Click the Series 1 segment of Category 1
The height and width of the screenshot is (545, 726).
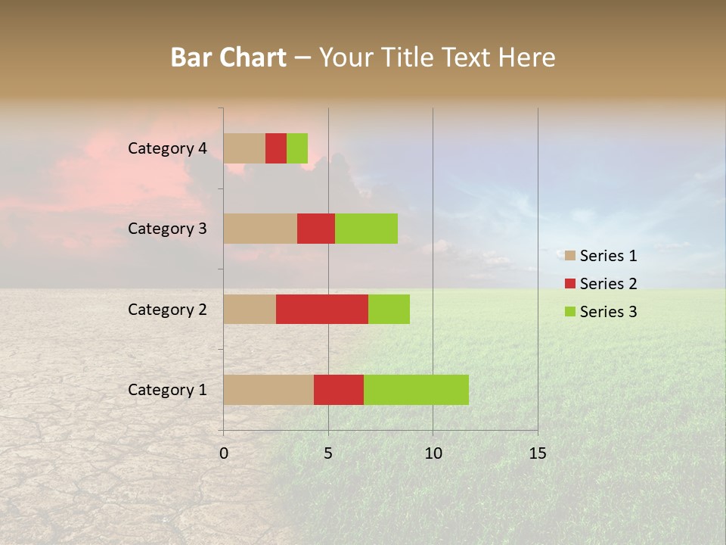tap(268, 389)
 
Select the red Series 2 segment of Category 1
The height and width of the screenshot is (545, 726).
tap(339, 389)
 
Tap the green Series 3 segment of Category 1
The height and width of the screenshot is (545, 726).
tap(416, 389)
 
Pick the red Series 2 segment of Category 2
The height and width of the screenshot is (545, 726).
tap(322, 309)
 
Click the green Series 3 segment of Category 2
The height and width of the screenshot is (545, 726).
tap(389, 309)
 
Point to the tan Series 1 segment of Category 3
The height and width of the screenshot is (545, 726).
tap(260, 229)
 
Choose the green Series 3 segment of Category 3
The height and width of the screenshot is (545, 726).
tap(366, 229)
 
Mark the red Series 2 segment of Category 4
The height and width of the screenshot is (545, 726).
tap(276, 148)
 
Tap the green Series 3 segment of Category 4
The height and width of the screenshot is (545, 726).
tap(297, 148)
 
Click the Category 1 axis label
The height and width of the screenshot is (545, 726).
tap(167, 390)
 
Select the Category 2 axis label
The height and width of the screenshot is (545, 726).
tap(167, 310)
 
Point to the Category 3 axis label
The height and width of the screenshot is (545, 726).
tap(167, 229)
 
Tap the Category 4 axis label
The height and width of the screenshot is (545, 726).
tap(167, 148)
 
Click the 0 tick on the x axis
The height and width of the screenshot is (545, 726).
tap(224, 453)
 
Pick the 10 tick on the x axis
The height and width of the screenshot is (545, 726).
tap(433, 453)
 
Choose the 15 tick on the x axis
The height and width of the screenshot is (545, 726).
tap(537, 453)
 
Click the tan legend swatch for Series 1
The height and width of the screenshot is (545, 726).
tap(570, 256)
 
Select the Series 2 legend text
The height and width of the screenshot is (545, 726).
tap(608, 284)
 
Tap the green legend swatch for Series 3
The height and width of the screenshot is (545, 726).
tap(570, 312)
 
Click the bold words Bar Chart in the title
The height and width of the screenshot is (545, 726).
tap(228, 58)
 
